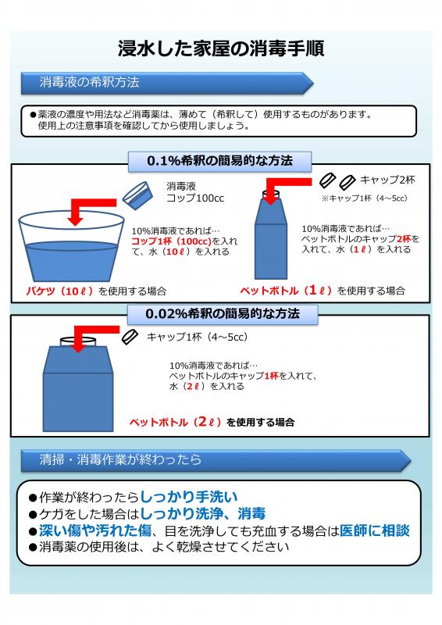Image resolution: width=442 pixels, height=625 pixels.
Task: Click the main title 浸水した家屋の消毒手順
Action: coord(220,48)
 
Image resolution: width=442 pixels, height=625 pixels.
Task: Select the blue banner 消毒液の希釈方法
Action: coord(89,82)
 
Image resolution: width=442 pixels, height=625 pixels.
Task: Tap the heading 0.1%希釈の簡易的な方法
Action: coord(220,161)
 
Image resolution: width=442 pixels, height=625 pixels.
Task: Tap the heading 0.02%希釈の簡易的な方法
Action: coord(222,313)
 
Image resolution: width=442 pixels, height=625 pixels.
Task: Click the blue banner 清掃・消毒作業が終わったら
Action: coord(120,459)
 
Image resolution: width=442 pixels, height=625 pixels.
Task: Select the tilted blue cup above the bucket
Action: coord(139,194)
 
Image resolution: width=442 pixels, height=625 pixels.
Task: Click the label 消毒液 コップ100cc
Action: coord(194,193)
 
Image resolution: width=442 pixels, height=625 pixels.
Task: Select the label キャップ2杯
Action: coord(388,180)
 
